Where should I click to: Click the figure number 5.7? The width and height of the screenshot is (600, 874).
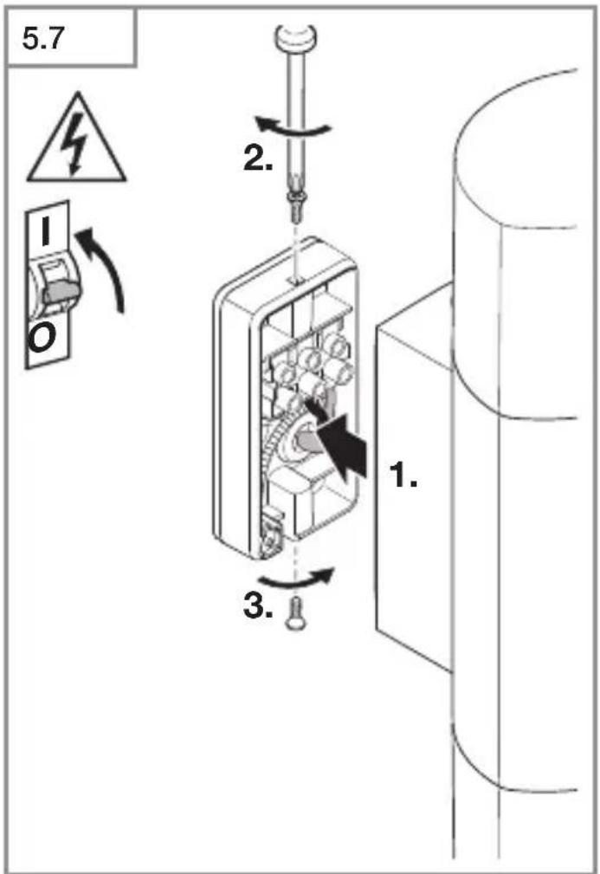tap(42, 38)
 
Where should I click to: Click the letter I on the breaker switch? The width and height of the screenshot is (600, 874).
tap(46, 230)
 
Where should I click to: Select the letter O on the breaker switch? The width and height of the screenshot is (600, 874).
tap(42, 340)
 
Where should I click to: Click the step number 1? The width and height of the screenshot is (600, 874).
tap(403, 475)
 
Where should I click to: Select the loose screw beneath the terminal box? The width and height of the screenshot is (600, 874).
tap(294, 613)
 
